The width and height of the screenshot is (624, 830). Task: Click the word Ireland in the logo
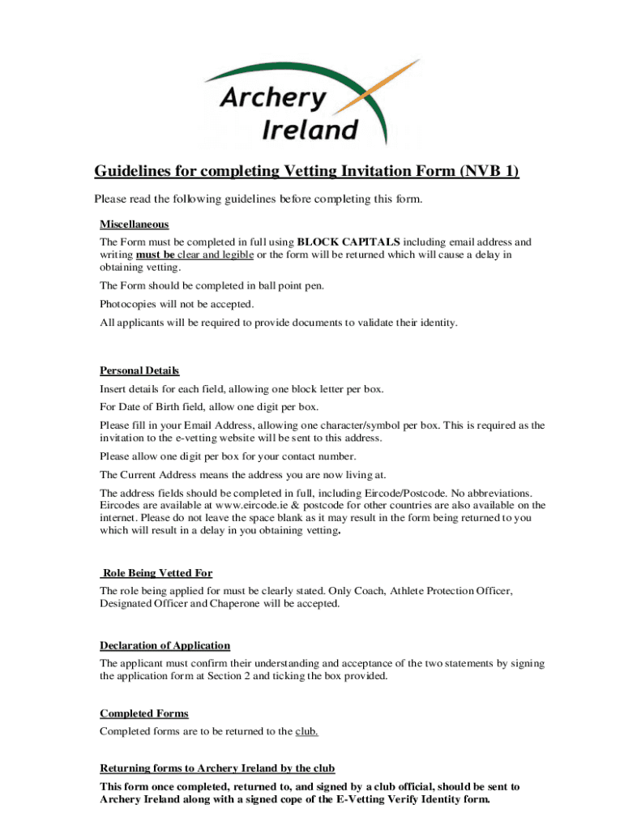pos(310,129)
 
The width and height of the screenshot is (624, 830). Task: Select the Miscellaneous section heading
pos(135,224)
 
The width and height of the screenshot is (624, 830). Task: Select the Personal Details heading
pos(139,370)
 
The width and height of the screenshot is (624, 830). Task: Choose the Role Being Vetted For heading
pos(157,573)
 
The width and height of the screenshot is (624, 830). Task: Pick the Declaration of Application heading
pos(165,645)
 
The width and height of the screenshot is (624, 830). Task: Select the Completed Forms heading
pos(144,713)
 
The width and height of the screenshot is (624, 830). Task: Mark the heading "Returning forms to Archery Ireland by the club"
pos(217,768)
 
